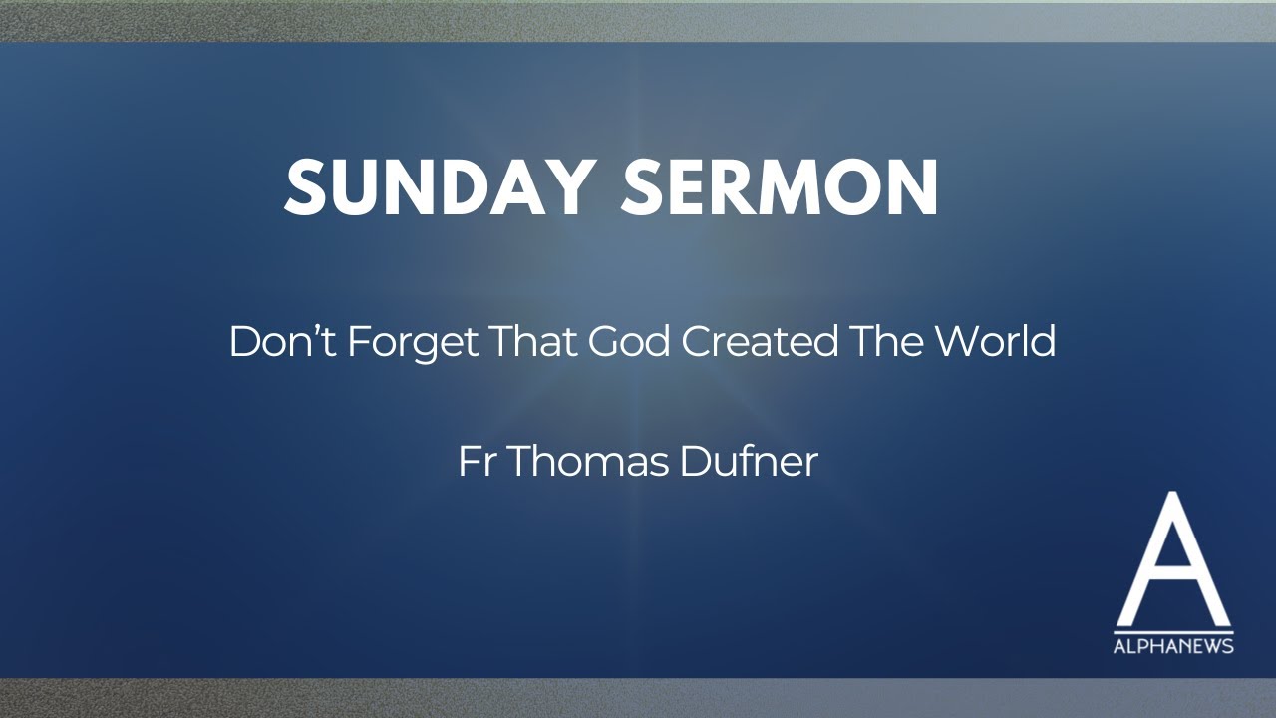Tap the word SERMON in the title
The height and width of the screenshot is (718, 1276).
click(780, 187)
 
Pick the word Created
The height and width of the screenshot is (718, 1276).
click(760, 342)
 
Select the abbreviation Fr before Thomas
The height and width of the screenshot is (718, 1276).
click(478, 462)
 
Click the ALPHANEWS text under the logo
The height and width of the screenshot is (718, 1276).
click(1173, 647)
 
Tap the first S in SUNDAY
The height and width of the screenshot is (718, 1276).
click(305, 187)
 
